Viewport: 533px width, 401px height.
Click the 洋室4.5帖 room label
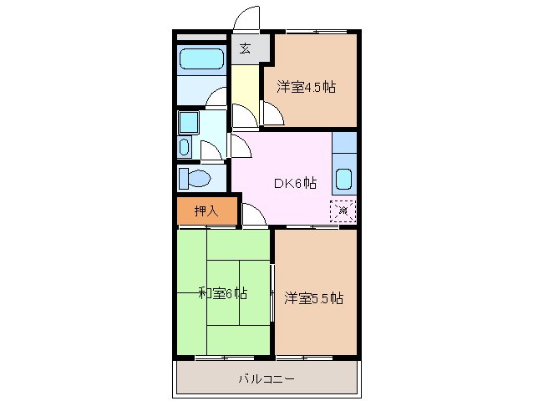(x=307, y=87)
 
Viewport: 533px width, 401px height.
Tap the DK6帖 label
(x=295, y=183)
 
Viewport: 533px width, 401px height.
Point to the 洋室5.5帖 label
(x=313, y=297)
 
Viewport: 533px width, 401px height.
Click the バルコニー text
(x=266, y=378)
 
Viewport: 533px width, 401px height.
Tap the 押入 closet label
(x=206, y=211)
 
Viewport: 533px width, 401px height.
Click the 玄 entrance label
(x=246, y=48)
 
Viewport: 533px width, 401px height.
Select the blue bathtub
(x=201, y=61)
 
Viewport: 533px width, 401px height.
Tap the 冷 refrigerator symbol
(x=343, y=211)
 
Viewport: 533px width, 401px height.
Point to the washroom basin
(x=187, y=124)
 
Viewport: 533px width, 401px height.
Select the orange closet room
(x=206, y=211)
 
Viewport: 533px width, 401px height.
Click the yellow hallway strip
(x=245, y=92)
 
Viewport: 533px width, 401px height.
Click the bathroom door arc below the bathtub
(x=216, y=97)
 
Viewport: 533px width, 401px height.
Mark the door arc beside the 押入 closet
(x=255, y=214)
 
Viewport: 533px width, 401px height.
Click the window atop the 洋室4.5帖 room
(x=316, y=32)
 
